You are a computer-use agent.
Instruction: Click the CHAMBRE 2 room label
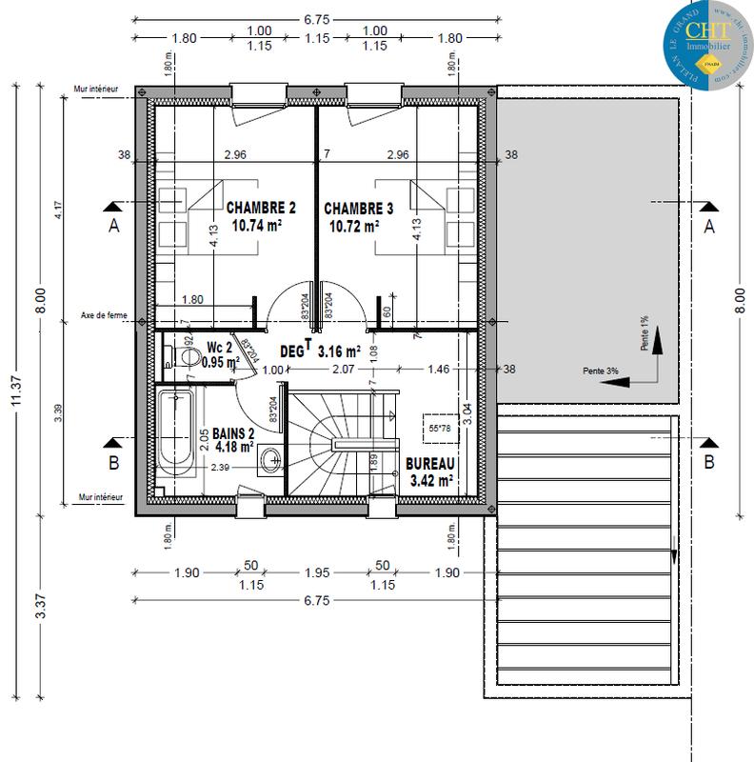coord(261,208)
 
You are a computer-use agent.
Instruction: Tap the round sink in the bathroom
coord(269,459)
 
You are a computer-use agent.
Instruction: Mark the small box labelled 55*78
coord(439,428)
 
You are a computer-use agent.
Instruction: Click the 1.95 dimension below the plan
coord(317,572)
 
